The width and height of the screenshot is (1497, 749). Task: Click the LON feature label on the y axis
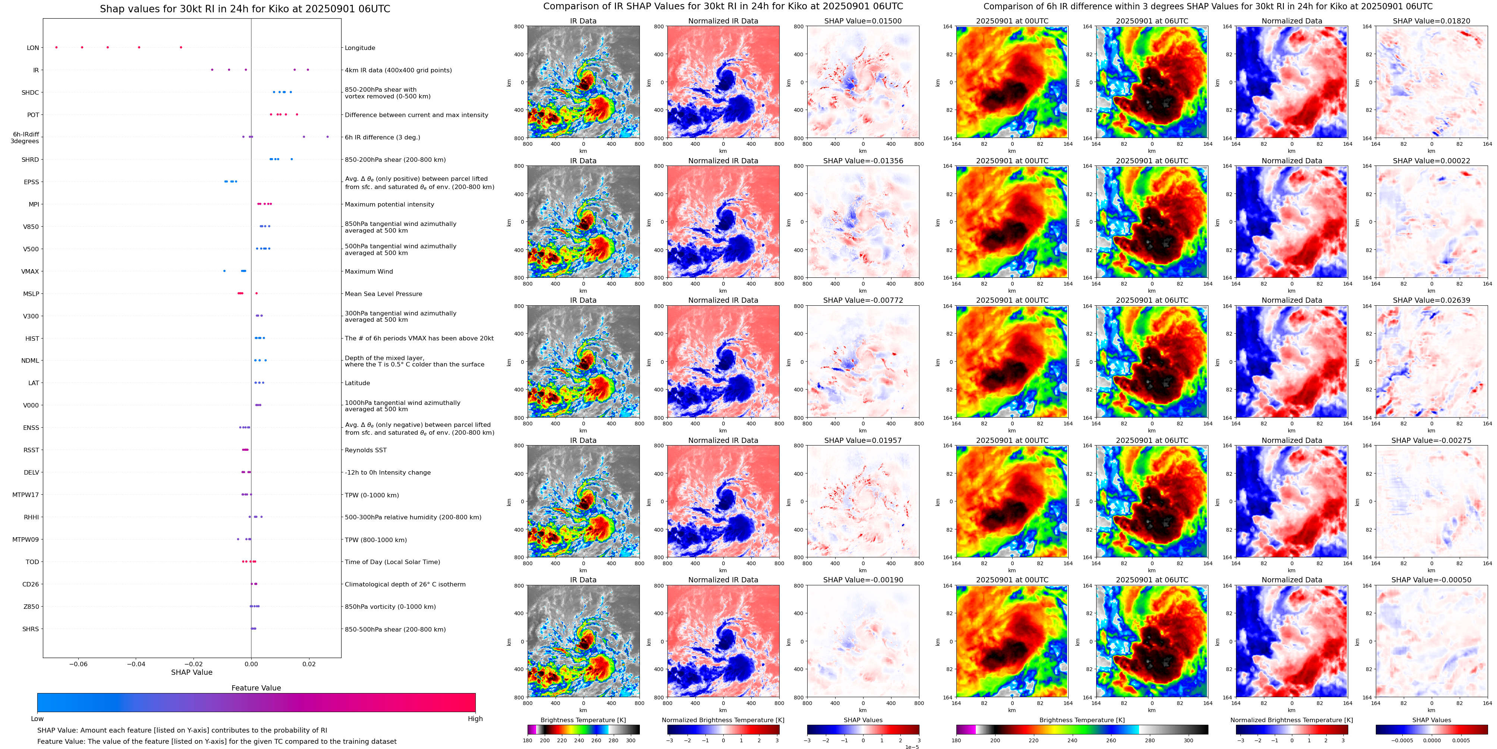(32, 48)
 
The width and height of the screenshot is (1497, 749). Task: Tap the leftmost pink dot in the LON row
(56, 47)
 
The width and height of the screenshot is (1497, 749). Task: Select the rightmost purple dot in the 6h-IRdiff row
(327, 136)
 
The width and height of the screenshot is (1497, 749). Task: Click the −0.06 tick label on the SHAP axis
(78, 664)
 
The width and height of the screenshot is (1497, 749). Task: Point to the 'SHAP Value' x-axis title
(191, 672)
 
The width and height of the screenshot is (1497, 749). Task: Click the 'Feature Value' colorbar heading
(256, 688)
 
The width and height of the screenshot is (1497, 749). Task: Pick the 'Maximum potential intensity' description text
(389, 205)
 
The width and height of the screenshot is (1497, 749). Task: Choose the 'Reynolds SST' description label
(365, 450)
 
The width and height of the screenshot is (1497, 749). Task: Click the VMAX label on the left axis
(30, 271)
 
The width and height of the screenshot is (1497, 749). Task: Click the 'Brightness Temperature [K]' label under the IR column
(583, 720)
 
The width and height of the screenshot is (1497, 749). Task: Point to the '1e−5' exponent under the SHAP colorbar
(912, 747)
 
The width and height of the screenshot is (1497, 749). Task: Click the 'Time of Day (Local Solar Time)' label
(392, 562)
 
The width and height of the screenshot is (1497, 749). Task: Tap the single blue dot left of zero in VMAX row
(224, 271)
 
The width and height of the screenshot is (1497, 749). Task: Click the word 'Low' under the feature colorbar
(37, 719)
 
